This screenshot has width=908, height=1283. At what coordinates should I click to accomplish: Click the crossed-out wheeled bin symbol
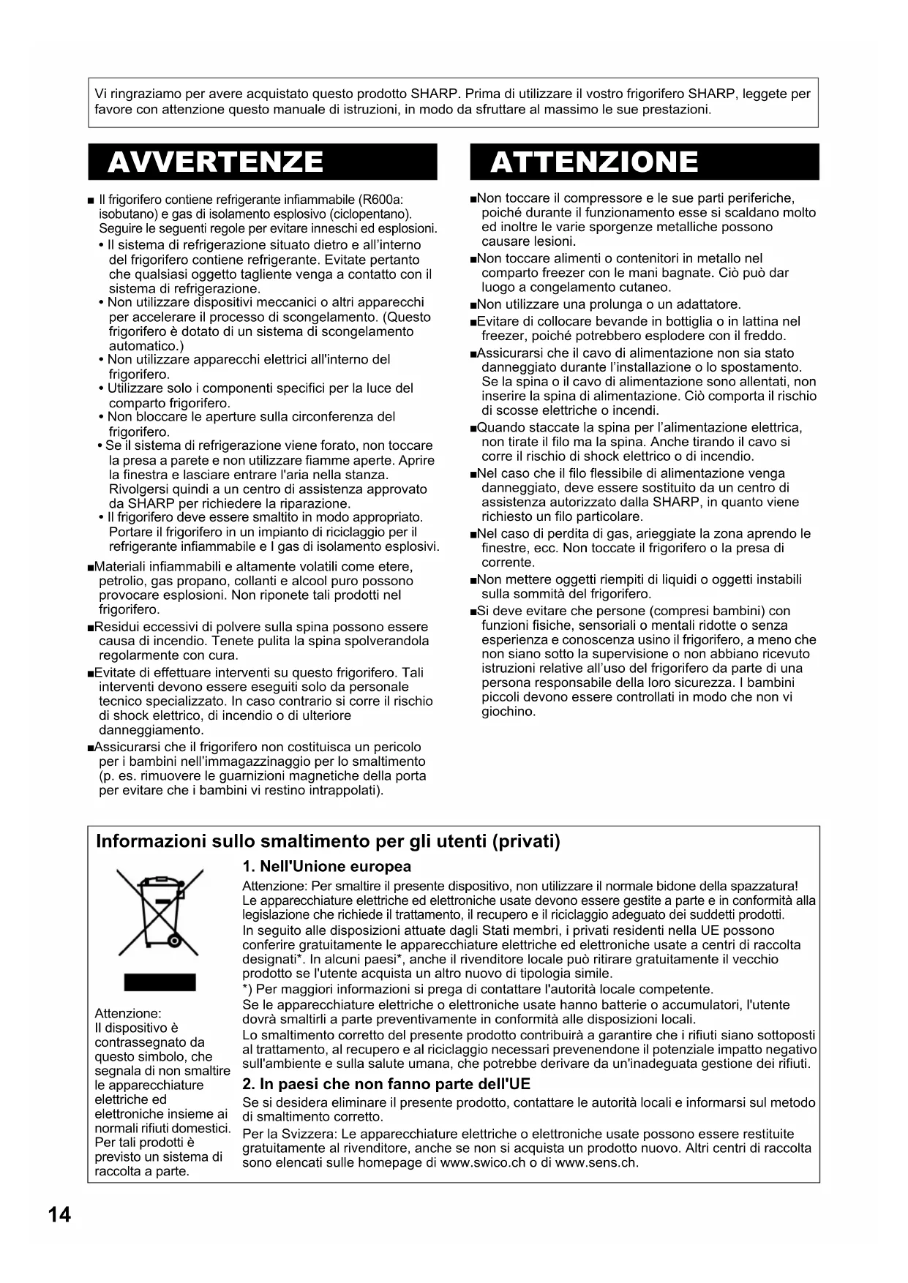click(160, 911)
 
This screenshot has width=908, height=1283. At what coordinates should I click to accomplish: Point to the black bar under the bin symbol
click(160, 982)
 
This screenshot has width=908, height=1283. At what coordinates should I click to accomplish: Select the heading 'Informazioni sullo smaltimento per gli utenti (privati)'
click(328, 841)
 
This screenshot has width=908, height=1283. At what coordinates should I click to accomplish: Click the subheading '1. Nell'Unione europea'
click(326, 867)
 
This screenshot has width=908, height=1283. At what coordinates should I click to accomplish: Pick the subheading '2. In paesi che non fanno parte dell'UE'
click(386, 1084)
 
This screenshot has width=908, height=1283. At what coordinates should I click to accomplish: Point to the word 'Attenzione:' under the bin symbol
click(128, 1013)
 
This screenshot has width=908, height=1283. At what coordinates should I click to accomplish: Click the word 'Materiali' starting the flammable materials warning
click(121, 567)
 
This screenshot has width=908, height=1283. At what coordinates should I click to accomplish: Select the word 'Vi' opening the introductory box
click(101, 94)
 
